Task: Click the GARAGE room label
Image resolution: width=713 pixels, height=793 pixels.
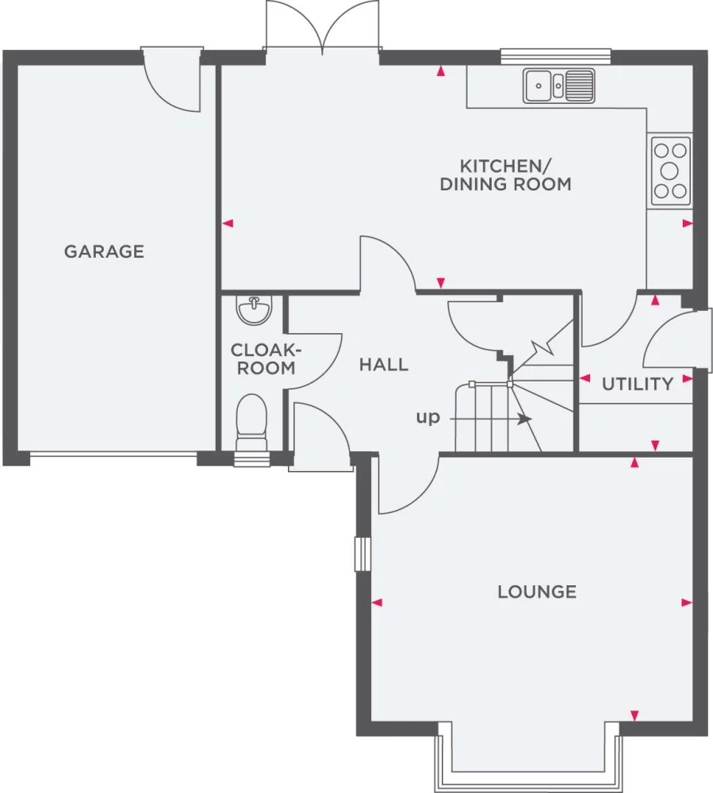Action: point(104,251)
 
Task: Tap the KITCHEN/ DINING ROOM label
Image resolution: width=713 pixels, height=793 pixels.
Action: point(506,175)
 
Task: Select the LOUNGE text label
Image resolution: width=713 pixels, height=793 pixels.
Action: point(537,592)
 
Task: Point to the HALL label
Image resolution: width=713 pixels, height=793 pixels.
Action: point(384,365)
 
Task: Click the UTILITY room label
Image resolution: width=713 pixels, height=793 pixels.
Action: point(638,384)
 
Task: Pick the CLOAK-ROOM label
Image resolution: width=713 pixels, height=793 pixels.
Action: point(266,358)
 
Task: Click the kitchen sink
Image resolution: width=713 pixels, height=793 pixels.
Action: point(559,86)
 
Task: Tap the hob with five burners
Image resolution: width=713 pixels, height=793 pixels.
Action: point(669,171)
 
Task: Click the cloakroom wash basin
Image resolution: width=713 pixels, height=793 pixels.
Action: point(255,309)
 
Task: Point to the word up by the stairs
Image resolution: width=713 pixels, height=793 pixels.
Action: point(427,418)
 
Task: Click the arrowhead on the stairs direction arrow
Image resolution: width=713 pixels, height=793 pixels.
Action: point(526,419)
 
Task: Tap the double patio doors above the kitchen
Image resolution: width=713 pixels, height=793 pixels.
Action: point(322,26)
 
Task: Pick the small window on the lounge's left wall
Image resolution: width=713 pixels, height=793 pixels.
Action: point(362,554)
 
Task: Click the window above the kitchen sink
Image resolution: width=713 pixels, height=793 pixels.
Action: point(556,56)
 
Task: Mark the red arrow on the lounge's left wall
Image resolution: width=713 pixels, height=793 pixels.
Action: point(377,603)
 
